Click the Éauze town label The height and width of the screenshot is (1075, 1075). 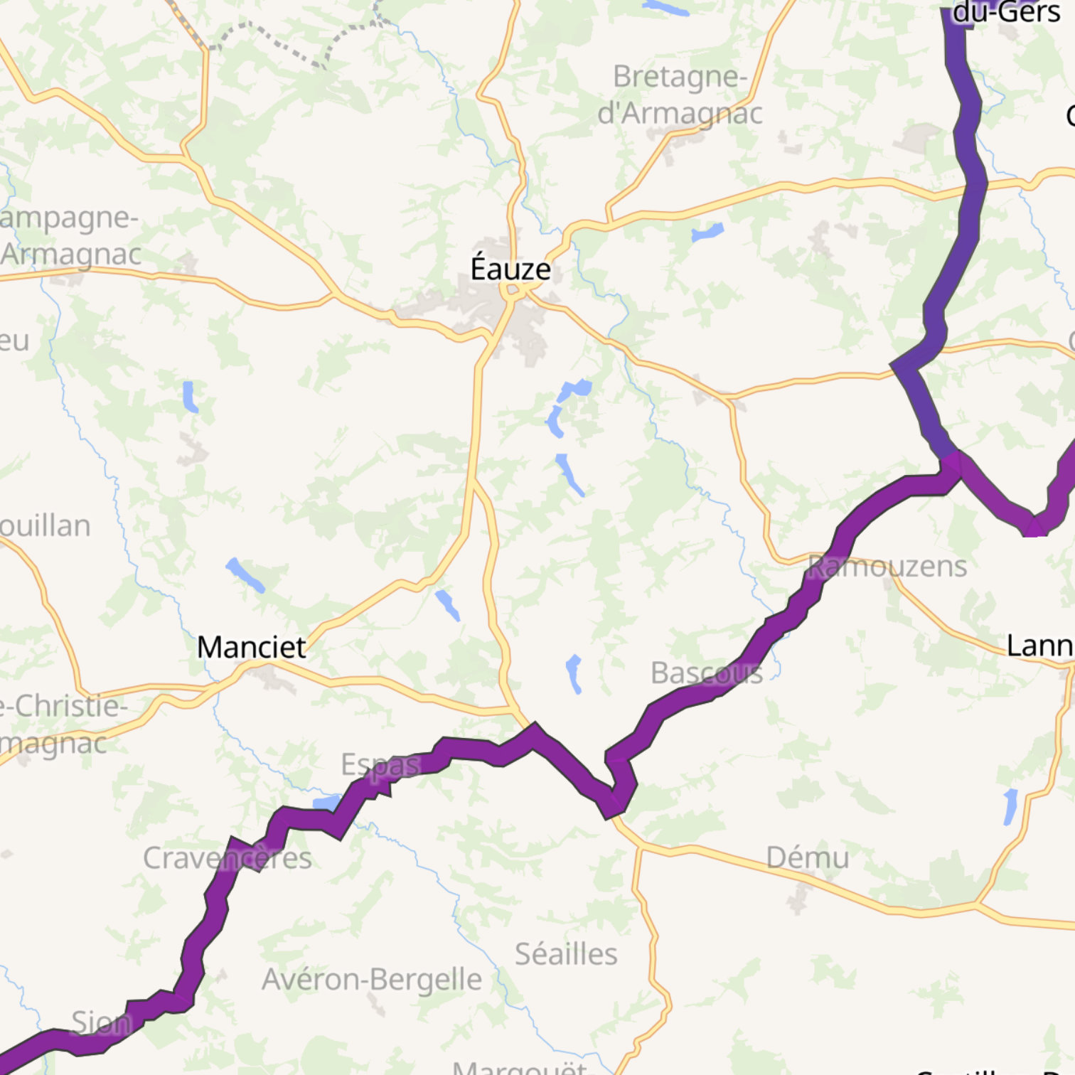[x=510, y=269]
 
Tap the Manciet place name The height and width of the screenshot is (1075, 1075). [x=251, y=647]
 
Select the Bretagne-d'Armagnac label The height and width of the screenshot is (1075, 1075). [x=680, y=95]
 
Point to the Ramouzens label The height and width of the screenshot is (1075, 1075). [x=887, y=567]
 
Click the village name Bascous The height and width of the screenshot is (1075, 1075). [x=707, y=673]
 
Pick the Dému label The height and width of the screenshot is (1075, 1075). [x=808, y=857]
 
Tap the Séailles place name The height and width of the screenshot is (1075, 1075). [x=566, y=954]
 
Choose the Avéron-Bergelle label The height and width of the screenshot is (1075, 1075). [x=372, y=980]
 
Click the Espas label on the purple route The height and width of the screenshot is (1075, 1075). [x=381, y=765]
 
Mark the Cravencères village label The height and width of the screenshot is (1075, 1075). [x=228, y=858]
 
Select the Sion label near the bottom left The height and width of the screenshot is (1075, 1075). [x=102, y=1023]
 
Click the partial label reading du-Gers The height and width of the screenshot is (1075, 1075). [x=1006, y=12]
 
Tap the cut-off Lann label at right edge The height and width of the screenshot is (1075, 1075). [x=1039, y=646]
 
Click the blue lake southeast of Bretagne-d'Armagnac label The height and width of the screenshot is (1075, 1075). [x=707, y=232]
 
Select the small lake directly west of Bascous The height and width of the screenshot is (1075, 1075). [x=574, y=673]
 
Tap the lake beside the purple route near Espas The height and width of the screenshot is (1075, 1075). [x=327, y=802]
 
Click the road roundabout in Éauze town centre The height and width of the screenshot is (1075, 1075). [x=511, y=291]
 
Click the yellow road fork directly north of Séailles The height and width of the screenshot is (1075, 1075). [x=639, y=847]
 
